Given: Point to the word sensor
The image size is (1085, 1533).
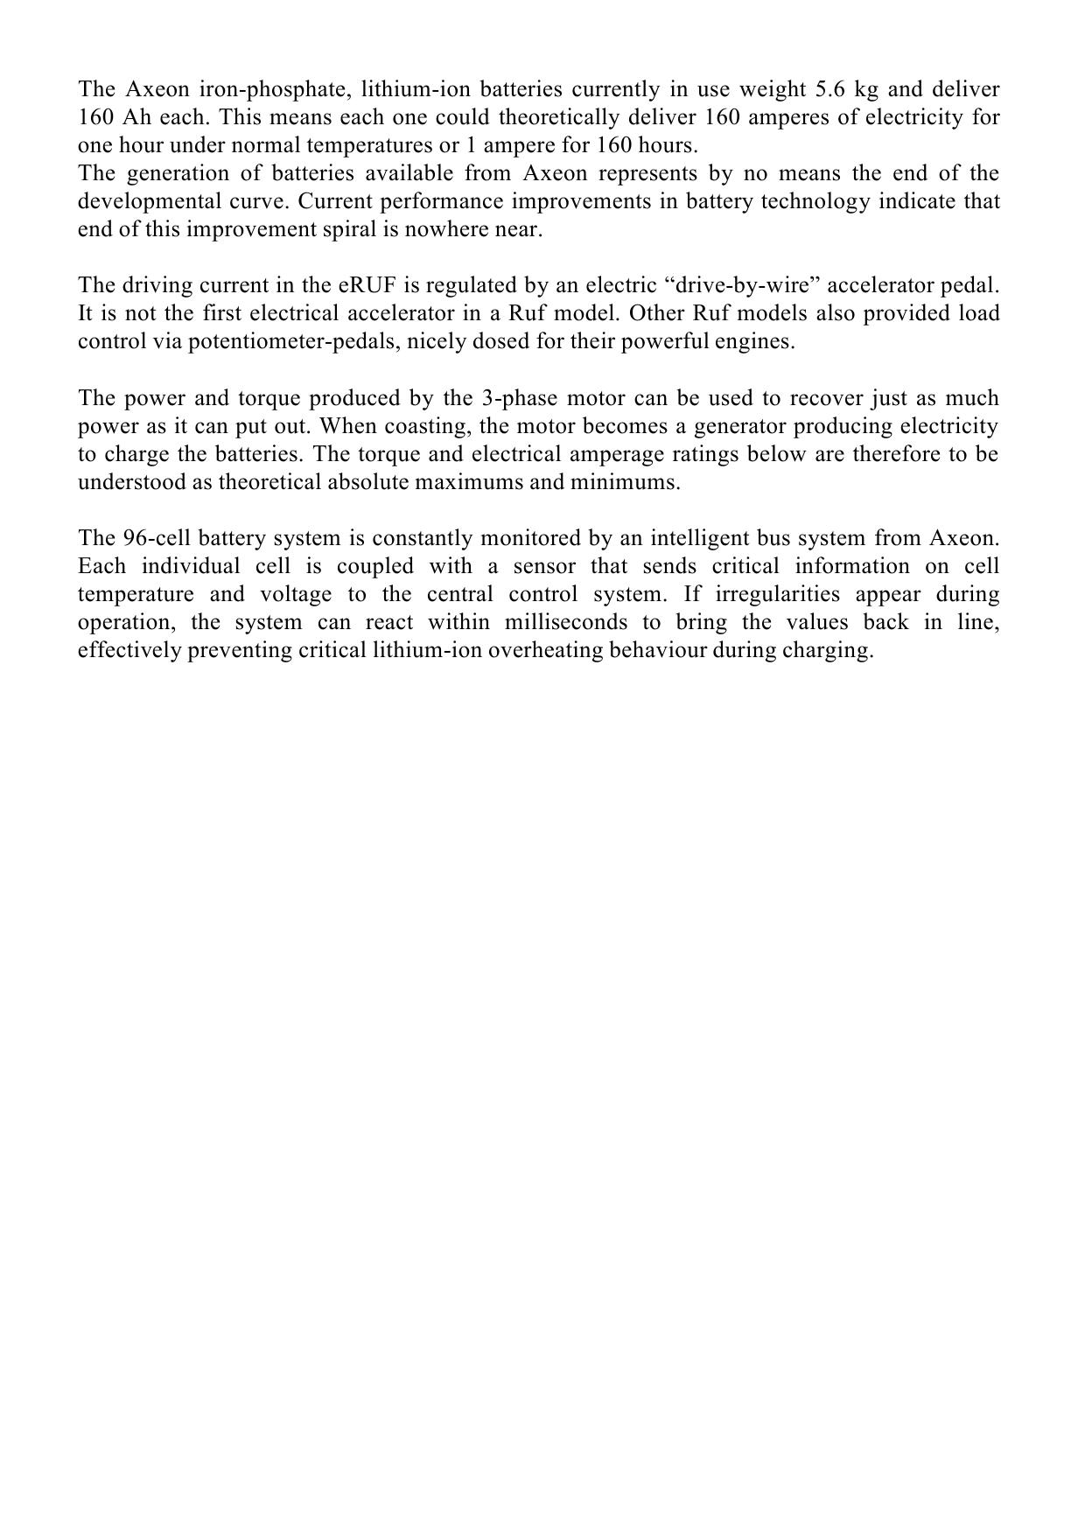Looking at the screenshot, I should tap(543, 565).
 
